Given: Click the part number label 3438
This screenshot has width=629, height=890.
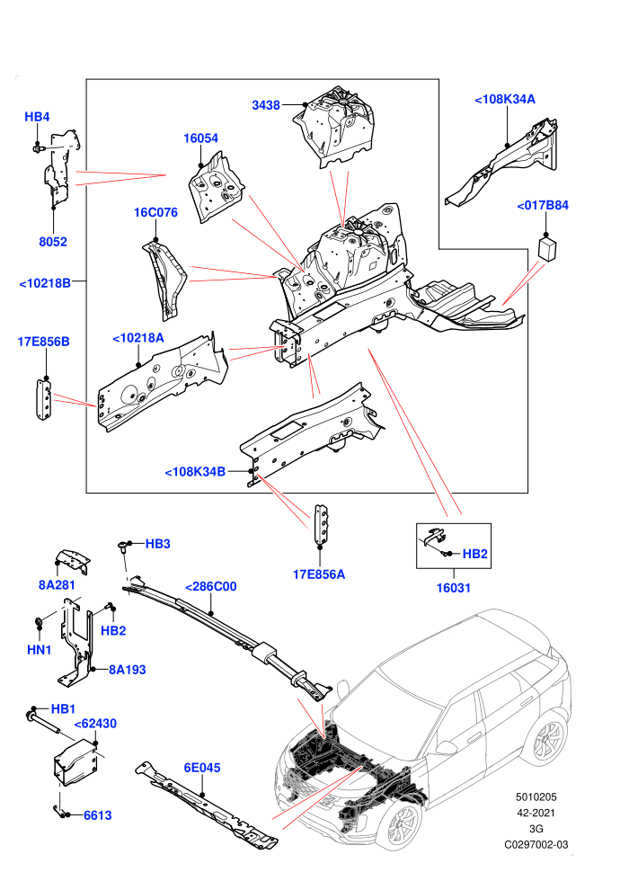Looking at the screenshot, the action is pos(265,105).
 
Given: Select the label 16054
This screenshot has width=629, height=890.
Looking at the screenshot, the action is pos(200,138).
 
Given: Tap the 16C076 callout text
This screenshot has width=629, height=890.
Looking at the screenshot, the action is pos(155,212).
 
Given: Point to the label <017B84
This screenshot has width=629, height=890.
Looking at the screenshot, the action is pos(542,206).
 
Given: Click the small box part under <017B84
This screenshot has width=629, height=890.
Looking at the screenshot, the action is pos(546,249).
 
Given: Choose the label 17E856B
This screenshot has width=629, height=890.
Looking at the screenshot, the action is pos(44,342).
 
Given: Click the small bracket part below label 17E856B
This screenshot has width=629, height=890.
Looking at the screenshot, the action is pos(44,399).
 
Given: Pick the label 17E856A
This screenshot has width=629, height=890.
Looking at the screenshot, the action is pos(319,574).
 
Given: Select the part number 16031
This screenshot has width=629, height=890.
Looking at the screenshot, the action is pos(453,588).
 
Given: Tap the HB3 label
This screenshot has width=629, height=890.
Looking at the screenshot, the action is pos(157,544).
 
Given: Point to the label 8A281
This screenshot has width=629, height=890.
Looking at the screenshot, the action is pos(57,585).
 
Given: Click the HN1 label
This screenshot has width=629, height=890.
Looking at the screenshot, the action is pos(40,650).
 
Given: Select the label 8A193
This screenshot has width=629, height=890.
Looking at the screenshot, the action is pos(128,670).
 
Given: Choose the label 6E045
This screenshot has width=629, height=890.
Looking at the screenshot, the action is pos(202,768).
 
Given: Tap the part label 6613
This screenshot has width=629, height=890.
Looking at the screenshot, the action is pos(98,815).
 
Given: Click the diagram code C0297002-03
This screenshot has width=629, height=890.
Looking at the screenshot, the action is pos(536,844).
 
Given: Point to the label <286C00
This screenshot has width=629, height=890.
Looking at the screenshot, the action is pos(210,586).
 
